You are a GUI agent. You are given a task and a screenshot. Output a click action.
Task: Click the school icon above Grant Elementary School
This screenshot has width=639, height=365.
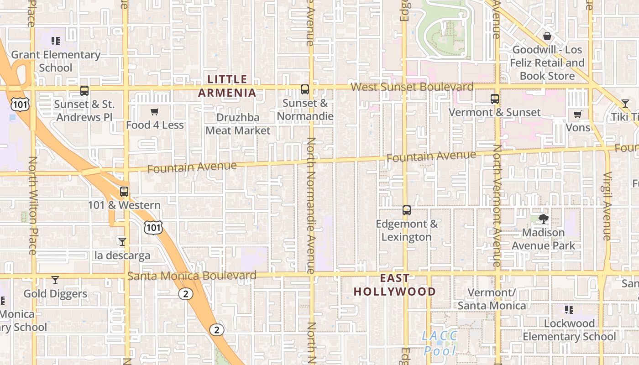pos(56,41)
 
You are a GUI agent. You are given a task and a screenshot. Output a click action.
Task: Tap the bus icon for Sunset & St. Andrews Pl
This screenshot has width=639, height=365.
pos(84,90)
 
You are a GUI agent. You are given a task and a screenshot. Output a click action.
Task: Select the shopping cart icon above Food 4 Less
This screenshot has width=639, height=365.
pos(155,111)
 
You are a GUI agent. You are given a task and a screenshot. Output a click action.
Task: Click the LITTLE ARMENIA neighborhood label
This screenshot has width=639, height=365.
pos(227,86)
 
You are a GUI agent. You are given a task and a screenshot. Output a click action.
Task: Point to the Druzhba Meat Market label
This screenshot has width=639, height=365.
pos(238,124)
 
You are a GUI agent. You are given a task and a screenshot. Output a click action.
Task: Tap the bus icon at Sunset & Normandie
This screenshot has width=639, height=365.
pos(305,89)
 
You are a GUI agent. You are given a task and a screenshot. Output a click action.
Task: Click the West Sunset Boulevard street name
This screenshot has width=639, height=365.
pos(412,87)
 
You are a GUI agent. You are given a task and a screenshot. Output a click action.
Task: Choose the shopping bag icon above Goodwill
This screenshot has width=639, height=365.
pos(547,36)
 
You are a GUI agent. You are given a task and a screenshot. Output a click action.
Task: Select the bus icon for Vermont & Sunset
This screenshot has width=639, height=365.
pos(494,99)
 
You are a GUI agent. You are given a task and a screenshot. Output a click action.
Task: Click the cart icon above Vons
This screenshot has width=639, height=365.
pos(578,114)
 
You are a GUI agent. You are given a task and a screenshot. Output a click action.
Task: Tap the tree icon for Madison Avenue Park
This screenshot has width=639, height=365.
pos(543,219)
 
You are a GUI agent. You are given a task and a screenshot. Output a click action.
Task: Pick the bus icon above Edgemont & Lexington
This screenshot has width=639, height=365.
pos(406,210)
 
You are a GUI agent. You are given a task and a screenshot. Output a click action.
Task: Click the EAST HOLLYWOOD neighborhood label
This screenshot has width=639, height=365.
pos(395,285)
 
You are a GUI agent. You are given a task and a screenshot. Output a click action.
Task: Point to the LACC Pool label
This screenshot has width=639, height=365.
pos(440,343)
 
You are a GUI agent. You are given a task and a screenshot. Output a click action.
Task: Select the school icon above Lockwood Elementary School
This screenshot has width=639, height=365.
pos(569,310)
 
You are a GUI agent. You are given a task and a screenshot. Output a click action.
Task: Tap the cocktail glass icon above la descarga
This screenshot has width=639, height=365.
pos(122,241)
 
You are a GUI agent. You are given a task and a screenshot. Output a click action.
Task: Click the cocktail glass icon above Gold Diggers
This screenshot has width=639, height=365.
pos(55,280)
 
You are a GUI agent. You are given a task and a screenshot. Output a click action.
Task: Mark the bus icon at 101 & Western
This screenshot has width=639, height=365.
pos(124,192)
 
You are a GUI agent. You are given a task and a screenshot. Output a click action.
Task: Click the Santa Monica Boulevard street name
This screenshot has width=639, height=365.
pos(192,276)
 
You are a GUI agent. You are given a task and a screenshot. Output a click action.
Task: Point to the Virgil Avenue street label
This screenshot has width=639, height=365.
pos(607,206)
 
